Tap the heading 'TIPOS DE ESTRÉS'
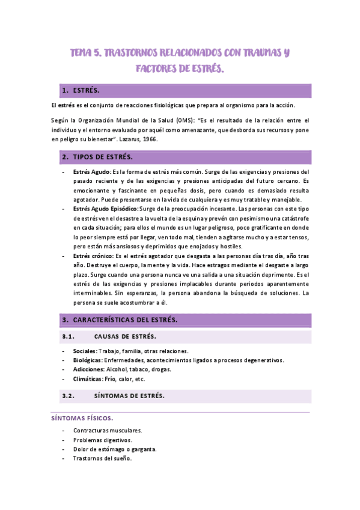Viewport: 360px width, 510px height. coord(103,158)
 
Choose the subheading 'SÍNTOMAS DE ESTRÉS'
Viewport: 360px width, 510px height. coord(129,396)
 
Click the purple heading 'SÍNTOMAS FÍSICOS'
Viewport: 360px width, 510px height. coord(81,417)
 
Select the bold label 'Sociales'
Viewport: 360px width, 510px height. coord(84,351)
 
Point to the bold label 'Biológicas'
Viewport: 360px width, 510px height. coord(87,360)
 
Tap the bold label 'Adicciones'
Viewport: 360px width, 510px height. coord(88,369)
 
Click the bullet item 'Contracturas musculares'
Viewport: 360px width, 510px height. coord(108,431)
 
